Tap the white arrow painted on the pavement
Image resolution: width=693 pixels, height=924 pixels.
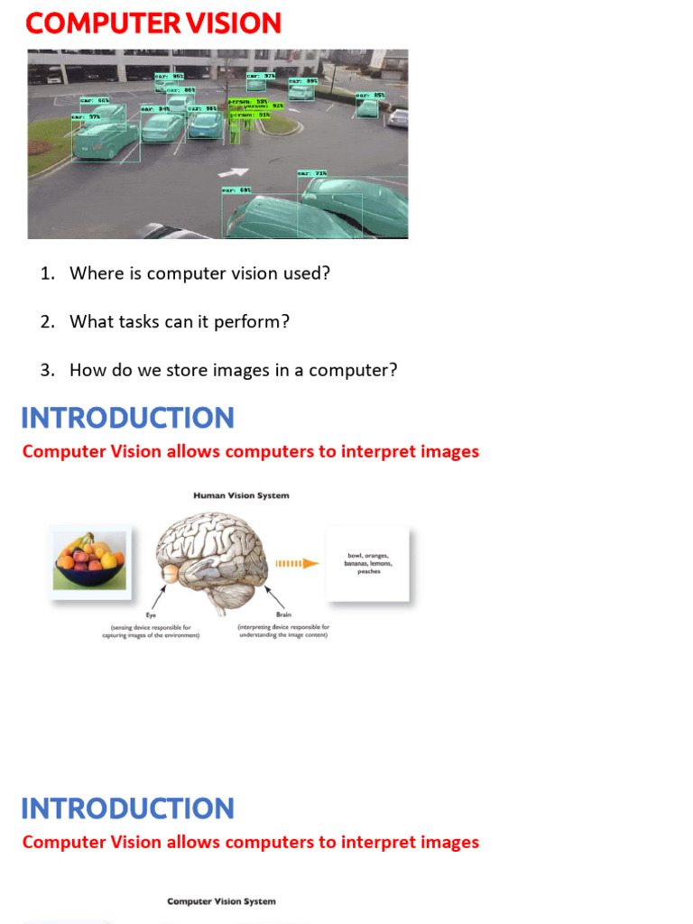pos(233,171)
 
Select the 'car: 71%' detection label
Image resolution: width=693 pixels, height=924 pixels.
pos(312,173)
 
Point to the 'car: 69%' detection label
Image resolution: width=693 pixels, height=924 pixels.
pos(236,190)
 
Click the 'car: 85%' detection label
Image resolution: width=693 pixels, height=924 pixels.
pos(370,96)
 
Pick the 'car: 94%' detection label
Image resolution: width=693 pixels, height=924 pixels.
pos(154,109)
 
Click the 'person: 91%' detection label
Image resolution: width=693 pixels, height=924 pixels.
pos(250,115)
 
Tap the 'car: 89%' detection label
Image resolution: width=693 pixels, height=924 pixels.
pos(302,81)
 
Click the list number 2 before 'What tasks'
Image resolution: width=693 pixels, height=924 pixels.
pos(48,321)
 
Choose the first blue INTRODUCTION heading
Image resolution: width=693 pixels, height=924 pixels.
pos(127,418)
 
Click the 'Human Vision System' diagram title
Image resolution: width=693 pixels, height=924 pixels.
pos(241,495)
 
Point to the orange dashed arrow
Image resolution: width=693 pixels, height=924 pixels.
pos(297,564)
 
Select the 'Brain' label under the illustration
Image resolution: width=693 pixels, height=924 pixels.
pos(283,616)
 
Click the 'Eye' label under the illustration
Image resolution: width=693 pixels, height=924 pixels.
pos(151,616)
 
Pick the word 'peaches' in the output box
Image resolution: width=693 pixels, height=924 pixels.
pos(368,571)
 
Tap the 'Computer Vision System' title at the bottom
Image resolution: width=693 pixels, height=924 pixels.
pos(221,901)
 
